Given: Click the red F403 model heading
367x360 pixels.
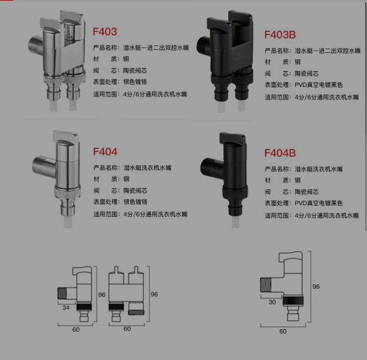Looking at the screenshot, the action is click(x=105, y=32).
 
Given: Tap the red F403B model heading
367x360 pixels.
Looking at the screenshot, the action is click(x=280, y=35).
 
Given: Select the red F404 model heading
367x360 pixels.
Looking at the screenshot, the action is click(x=105, y=152).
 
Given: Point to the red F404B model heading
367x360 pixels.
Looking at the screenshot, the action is click(x=280, y=153).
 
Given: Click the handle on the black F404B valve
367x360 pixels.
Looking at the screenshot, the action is click(x=233, y=139).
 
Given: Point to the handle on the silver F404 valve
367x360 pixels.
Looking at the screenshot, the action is click(x=66, y=137).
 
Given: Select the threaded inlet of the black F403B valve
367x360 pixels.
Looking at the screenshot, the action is click(x=202, y=45).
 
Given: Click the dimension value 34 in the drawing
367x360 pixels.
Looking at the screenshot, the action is click(x=66, y=308).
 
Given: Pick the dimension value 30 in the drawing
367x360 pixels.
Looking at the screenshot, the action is click(x=272, y=302).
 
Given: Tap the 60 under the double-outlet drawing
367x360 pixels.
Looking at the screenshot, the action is click(x=127, y=329).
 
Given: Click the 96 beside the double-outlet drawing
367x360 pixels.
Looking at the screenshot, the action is click(x=154, y=294).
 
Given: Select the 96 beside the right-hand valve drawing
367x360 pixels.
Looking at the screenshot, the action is click(x=316, y=286).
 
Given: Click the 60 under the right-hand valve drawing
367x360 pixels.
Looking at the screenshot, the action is click(x=283, y=332).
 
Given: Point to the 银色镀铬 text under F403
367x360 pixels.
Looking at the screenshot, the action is click(x=135, y=82).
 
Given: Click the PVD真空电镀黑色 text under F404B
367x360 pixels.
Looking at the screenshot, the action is click(x=318, y=203).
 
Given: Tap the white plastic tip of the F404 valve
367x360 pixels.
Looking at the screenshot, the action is click(x=68, y=222).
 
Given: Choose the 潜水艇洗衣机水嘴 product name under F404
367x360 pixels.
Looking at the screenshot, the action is click(x=148, y=168).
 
